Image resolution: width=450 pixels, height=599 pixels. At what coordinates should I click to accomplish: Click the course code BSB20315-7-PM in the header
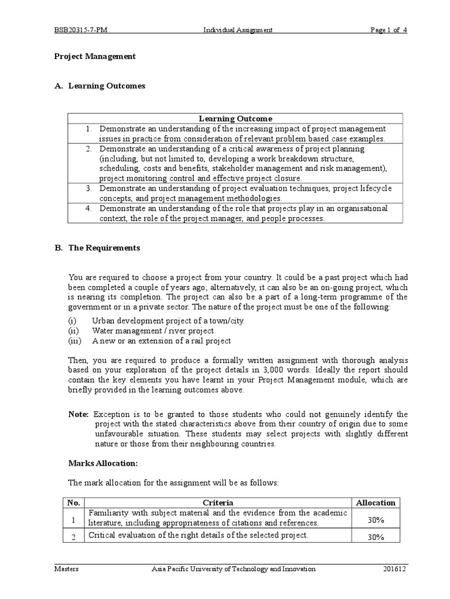(80, 30)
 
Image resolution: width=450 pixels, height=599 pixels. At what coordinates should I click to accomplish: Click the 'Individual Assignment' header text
(229, 30)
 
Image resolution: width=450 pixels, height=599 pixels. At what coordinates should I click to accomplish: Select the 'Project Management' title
(95, 57)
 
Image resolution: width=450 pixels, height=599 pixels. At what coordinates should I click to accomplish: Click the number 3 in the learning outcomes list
(88, 188)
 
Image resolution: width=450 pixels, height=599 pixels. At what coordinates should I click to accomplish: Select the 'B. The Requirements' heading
(97, 247)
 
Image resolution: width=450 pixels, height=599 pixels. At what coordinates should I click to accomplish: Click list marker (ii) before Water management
(73, 331)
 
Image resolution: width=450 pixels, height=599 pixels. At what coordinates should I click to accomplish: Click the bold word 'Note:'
(79, 414)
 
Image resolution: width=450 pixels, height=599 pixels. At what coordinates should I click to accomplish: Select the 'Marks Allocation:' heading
(103, 463)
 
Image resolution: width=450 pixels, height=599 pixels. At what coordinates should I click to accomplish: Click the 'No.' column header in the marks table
(73, 502)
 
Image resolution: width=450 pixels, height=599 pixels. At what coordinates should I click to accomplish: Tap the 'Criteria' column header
(218, 502)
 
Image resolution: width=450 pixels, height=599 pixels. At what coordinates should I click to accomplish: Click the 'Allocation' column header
(376, 502)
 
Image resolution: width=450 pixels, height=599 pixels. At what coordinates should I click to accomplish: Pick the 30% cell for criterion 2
(376, 536)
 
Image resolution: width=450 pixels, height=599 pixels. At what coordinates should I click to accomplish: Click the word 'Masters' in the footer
(67, 569)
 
